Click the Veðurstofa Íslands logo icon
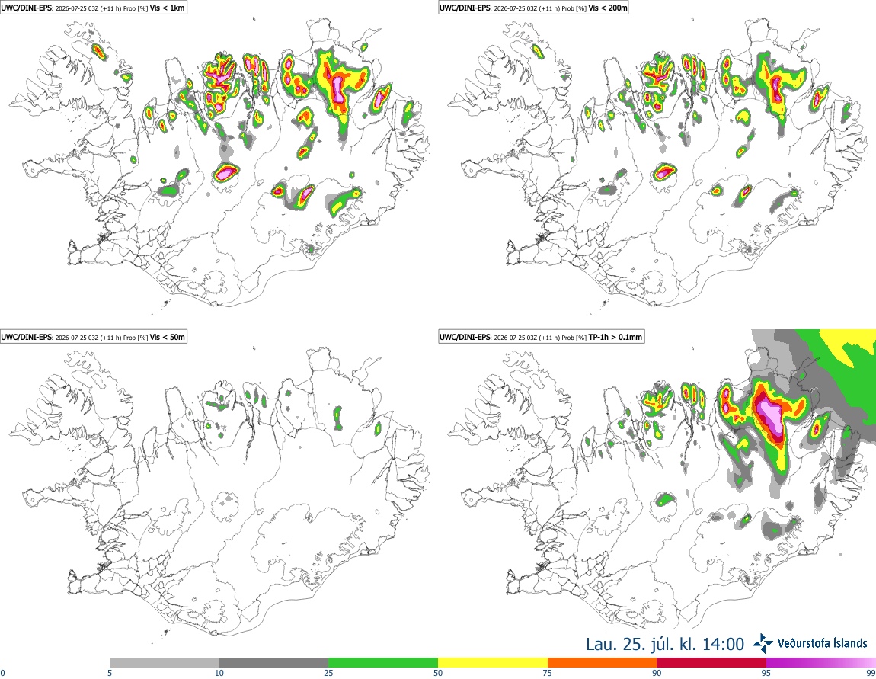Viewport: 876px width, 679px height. click(763, 643)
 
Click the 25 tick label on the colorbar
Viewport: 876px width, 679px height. click(329, 673)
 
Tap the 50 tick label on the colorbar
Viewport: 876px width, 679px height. click(439, 673)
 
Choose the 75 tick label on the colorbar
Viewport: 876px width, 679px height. click(548, 673)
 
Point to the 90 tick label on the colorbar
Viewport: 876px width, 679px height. click(657, 673)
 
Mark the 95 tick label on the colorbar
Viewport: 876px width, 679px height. click(766, 673)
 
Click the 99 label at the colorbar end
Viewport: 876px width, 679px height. click(871, 673)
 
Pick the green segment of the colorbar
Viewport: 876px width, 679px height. click(383, 663)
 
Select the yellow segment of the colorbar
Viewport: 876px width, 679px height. click(493, 663)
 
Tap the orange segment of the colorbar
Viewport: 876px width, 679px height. click(603, 663)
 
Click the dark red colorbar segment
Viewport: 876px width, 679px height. click(711, 663)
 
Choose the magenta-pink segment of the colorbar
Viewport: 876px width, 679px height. click(821, 663)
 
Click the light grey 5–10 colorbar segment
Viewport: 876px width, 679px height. click(165, 663)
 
